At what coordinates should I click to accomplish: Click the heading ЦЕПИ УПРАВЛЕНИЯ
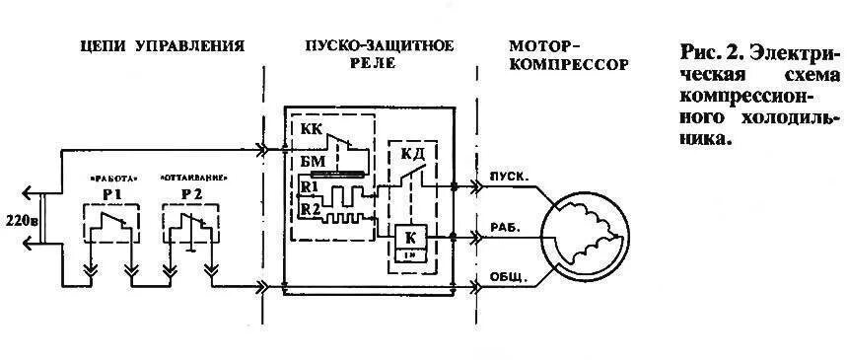click(x=162, y=46)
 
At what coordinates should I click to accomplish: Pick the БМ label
click(x=313, y=163)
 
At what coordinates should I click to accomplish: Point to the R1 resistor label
click(x=309, y=185)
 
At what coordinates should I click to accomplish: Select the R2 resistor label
click(x=310, y=209)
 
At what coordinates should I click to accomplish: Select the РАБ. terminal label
click(x=506, y=228)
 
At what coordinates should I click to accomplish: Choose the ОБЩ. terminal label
click(x=509, y=279)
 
